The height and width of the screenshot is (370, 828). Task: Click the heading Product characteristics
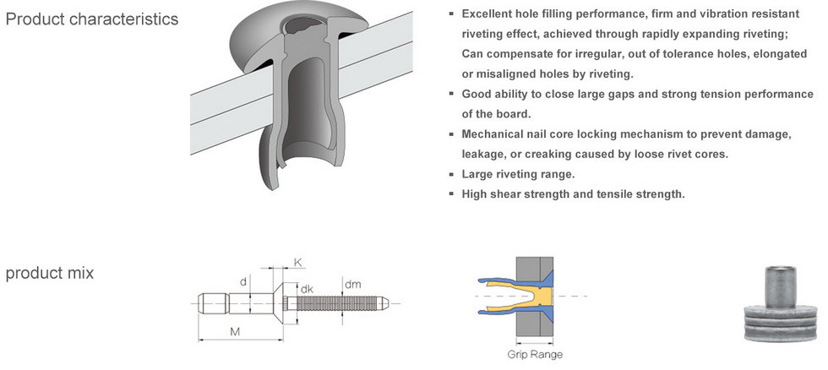pyautogui.click(x=92, y=19)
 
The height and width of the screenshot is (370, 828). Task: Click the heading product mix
pyautogui.click(x=50, y=273)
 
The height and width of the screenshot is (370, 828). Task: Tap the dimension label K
pyautogui.click(x=297, y=263)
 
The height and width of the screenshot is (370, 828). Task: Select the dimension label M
pyautogui.click(x=236, y=331)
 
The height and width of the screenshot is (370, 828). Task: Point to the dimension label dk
pyautogui.click(x=307, y=289)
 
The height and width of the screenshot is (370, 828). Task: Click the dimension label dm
pyautogui.click(x=353, y=285)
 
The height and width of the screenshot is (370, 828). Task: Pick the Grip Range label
pyautogui.click(x=535, y=355)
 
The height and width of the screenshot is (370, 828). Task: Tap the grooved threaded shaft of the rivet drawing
pyautogui.click(x=334, y=303)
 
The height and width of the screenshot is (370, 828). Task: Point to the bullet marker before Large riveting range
pyautogui.click(x=451, y=174)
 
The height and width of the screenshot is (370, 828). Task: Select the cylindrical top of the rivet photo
pyautogui.click(x=781, y=286)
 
